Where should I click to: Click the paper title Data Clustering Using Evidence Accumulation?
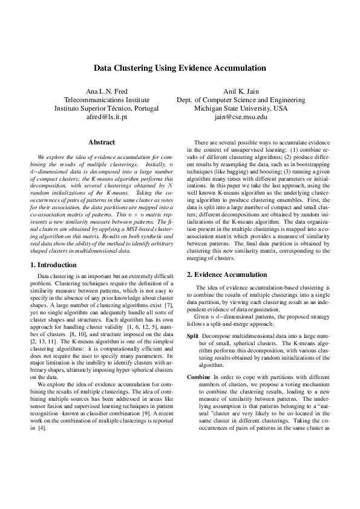(180, 69)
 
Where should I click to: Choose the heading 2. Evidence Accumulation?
(226, 274)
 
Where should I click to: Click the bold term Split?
(192, 336)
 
